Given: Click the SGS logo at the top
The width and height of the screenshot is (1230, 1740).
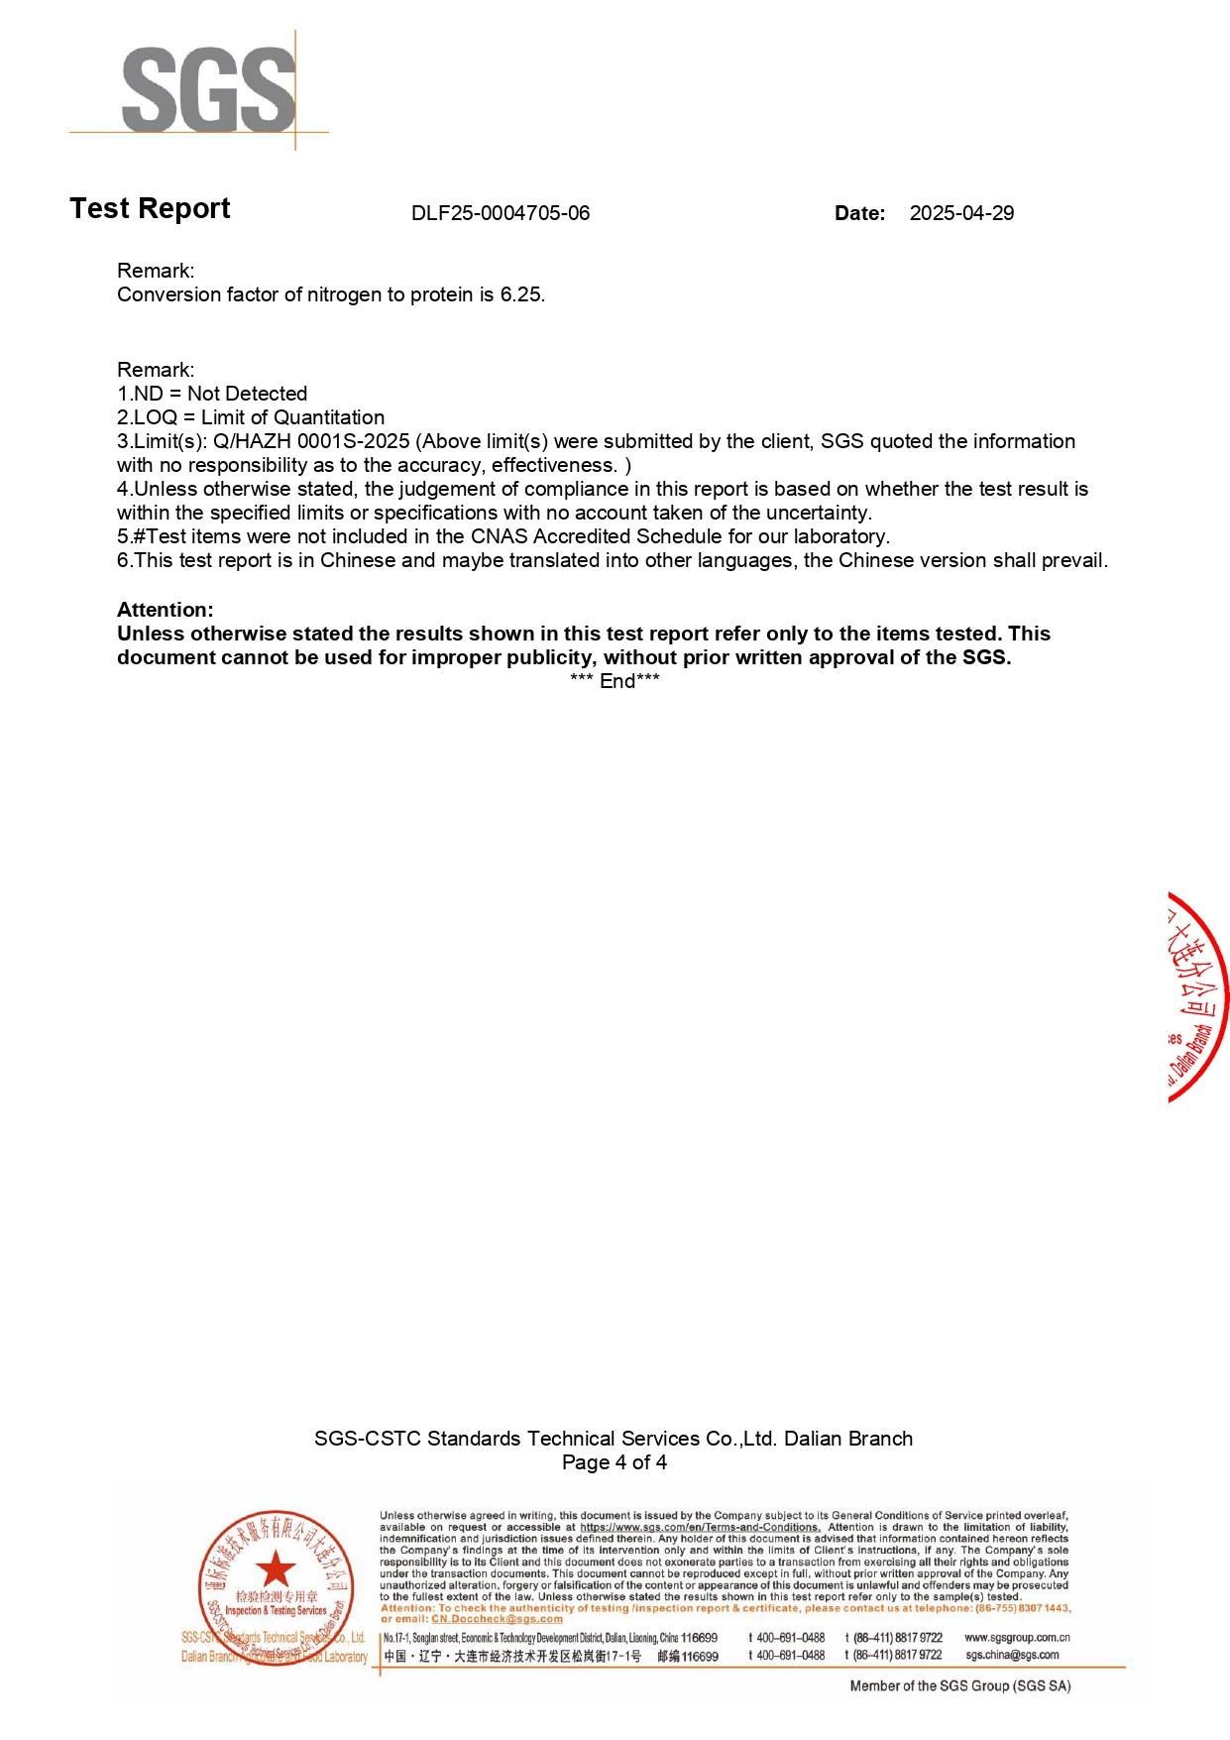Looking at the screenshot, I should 208,89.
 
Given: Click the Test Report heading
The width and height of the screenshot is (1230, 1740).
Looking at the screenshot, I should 150,208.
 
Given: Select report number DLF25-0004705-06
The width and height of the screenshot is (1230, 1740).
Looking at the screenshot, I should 501,213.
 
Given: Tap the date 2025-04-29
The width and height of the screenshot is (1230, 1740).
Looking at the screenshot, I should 961,213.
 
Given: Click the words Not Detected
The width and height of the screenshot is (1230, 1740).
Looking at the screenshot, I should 247,394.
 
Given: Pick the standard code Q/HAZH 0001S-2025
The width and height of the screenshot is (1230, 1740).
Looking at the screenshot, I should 311,441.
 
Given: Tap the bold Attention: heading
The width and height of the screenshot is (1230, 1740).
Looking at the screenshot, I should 165,610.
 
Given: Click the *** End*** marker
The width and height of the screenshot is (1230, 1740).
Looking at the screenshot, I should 615,681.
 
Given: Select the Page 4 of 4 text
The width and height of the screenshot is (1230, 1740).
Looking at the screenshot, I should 615,1462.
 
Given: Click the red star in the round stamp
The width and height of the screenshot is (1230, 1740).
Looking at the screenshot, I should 276,1568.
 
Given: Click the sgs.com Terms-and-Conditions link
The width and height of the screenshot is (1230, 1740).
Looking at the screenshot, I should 700,1527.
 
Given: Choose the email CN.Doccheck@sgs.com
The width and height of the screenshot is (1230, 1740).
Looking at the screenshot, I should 497,1619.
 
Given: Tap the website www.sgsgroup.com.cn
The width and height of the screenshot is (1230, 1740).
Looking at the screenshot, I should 1017,1638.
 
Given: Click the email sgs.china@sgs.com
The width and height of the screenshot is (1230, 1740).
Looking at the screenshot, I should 1012,1655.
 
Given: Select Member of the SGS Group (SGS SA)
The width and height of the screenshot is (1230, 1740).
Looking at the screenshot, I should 960,1685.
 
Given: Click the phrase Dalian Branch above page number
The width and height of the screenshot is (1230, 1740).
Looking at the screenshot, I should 848,1439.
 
